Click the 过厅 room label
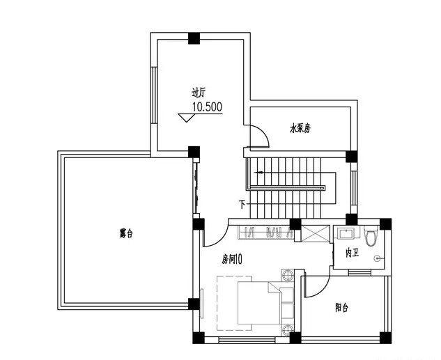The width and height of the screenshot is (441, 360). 199,93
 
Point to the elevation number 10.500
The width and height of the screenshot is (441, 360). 208,107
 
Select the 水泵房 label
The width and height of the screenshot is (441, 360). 300,129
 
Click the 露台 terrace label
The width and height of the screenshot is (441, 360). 126,233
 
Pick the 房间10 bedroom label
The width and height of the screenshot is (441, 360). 232,259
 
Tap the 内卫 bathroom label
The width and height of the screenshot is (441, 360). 352,253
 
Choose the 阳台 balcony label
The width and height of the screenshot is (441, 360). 341,308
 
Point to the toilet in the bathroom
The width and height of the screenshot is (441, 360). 370,236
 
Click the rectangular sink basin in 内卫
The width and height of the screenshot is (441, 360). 346,233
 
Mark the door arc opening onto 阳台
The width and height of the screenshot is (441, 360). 323,288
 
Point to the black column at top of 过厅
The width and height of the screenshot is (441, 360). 194,38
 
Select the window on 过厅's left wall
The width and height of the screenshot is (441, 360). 154,95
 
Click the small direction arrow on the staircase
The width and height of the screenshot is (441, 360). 258,172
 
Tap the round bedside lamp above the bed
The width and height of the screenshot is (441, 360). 288,274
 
